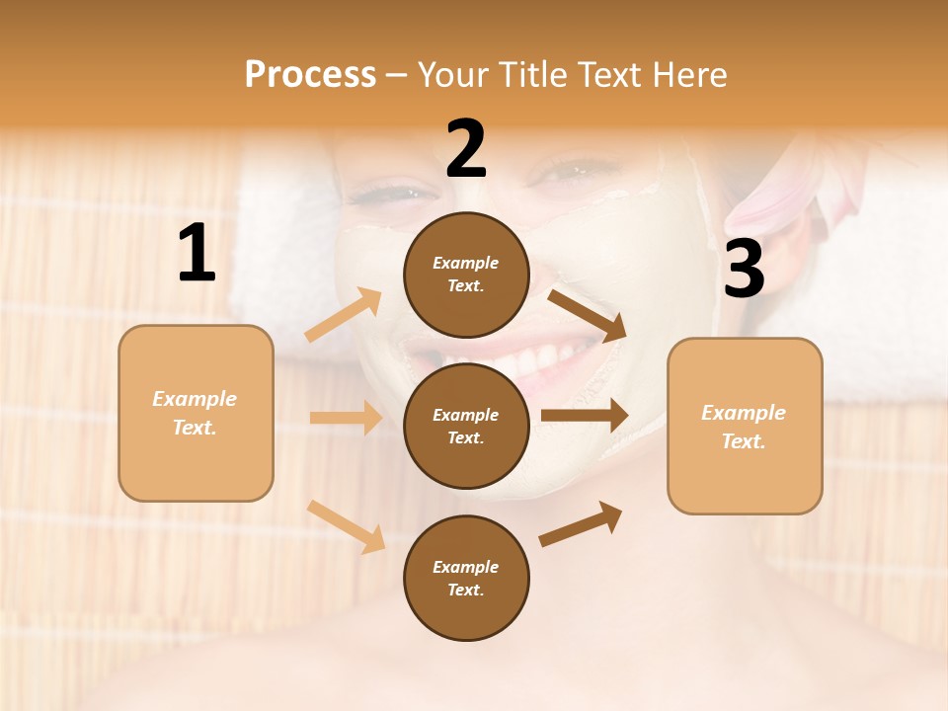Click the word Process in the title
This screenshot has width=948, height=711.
click(310, 74)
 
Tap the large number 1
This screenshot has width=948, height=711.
click(197, 254)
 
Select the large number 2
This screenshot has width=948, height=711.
click(466, 149)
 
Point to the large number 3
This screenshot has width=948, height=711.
click(744, 270)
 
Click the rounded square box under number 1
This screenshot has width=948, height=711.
click(196, 413)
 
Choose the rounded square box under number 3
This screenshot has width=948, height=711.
click(745, 426)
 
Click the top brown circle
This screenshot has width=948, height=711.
click(466, 275)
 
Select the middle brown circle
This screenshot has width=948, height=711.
click(466, 426)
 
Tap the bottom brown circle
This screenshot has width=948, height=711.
click(466, 578)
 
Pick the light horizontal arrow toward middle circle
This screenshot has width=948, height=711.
click(346, 418)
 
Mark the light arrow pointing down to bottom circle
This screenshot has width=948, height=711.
click(347, 526)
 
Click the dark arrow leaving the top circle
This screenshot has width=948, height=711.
click(587, 315)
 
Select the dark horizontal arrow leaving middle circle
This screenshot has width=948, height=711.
click(584, 416)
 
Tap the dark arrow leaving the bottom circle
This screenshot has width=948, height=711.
click(581, 523)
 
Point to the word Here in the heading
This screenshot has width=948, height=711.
click(690, 74)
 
